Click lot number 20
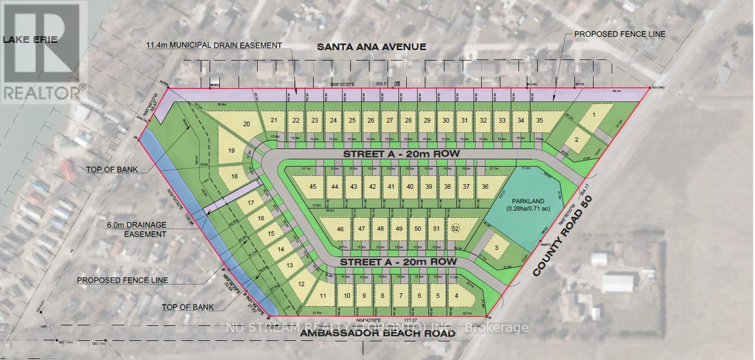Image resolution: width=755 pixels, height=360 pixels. tap(246, 124)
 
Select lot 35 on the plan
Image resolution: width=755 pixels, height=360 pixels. tap(540, 121)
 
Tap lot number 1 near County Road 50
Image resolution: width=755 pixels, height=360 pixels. tap(594, 115)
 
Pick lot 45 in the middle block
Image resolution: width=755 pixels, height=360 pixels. tap(313, 187)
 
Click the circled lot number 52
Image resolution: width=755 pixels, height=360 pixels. tap(455, 228)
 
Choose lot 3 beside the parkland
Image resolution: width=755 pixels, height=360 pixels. tap(496, 248)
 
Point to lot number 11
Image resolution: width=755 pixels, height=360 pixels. tap(323, 296)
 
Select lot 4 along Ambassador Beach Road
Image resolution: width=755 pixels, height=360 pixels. tap(456, 296)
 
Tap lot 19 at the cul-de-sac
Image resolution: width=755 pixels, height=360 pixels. tap(231, 151)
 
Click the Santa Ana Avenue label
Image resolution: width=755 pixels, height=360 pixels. tap(371, 47)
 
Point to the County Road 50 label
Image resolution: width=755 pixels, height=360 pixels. tap(564, 235)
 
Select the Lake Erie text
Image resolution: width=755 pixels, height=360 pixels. tap(30, 39)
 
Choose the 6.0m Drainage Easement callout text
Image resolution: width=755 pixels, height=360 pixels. tap(137, 229)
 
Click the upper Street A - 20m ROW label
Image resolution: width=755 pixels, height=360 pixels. tap(401, 154)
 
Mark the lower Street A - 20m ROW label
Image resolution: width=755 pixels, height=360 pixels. tap(398, 262)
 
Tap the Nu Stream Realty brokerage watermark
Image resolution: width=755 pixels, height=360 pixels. tap(378, 327)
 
